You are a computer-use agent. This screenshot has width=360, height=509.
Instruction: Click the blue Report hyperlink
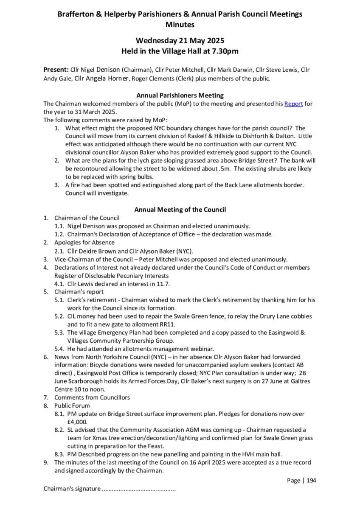[x=293, y=103]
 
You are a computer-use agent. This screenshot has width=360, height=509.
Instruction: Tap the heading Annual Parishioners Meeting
[x=180, y=95]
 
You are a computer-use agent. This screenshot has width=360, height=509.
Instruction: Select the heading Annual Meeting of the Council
[x=180, y=210]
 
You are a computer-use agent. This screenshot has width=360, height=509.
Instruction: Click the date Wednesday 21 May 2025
[x=180, y=41]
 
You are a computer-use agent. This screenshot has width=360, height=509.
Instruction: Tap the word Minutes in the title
[x=180, y=25]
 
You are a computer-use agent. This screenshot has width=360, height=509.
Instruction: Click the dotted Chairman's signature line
[x=139, y=489]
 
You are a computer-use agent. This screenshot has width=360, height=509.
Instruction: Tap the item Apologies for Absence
[x=84, y=243]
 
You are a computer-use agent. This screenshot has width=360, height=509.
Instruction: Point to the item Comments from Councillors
[x=92, y=397]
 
